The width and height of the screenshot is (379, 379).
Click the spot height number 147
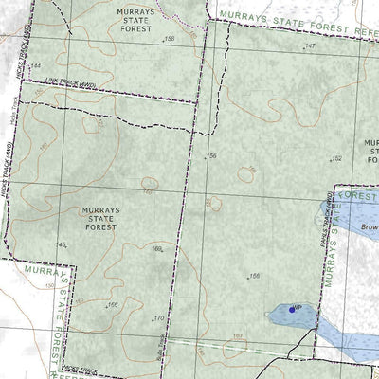[310, 45]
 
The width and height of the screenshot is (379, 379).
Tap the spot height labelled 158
[170, 38]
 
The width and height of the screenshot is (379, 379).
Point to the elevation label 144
[37, 65]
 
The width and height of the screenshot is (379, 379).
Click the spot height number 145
[63, 245]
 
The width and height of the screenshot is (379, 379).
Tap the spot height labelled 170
[158, 318]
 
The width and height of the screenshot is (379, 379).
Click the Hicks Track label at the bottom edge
[81, 369]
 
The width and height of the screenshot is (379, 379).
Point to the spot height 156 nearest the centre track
[212, 155]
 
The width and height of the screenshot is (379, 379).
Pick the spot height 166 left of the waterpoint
[254, 276]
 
